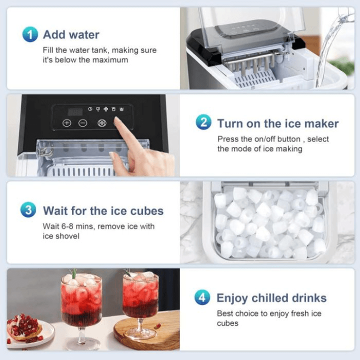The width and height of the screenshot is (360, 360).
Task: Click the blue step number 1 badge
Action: pyautogui.click(x=30, y=34)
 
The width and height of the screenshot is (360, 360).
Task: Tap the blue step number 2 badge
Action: pyautogui.click(x=203, y=122)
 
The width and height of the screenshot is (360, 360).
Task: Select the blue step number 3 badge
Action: pyautogui.click(x=28, y=209)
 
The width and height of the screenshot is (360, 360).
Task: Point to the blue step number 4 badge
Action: pyautogui.click(x=202, y=297)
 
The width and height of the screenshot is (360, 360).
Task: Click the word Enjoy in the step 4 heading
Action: pyautogui.click(x=232, y=298)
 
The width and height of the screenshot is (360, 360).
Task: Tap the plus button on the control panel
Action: pyautogui.click(x=67, y=123)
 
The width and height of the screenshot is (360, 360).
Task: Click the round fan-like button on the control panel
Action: pyautogui.click(x=101, y=123)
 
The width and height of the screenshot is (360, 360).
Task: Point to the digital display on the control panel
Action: pyautogui.click(x=75, y=112)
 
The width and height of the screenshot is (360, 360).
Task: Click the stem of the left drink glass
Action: pyautogui.click(x=81, y=335)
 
